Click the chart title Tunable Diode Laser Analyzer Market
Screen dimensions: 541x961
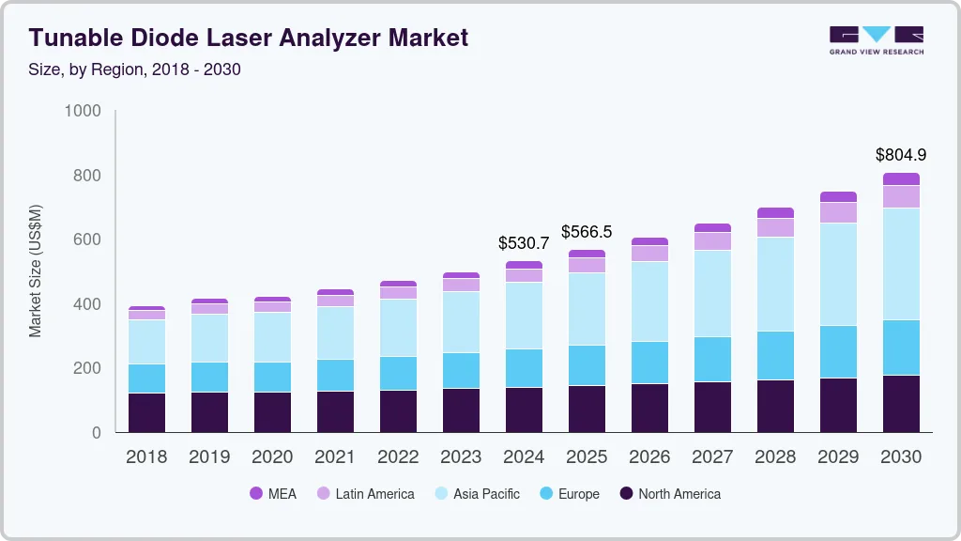248,39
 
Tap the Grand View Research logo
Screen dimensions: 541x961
876,39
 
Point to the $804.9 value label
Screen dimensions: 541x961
900,155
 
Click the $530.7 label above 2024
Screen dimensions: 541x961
524,243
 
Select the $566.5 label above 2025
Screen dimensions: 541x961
587,232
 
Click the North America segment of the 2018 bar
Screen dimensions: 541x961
146,413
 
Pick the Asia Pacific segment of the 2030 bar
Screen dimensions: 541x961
901,264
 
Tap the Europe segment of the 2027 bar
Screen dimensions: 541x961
712,359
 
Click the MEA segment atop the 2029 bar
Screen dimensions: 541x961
838,197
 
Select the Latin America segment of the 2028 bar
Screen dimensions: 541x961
775,227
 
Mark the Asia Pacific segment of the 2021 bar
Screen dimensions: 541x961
335,332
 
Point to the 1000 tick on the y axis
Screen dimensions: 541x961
82,111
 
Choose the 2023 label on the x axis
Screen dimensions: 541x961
461,457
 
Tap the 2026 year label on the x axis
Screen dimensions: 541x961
649,457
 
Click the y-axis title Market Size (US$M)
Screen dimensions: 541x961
35,270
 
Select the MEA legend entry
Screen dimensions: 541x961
272,494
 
